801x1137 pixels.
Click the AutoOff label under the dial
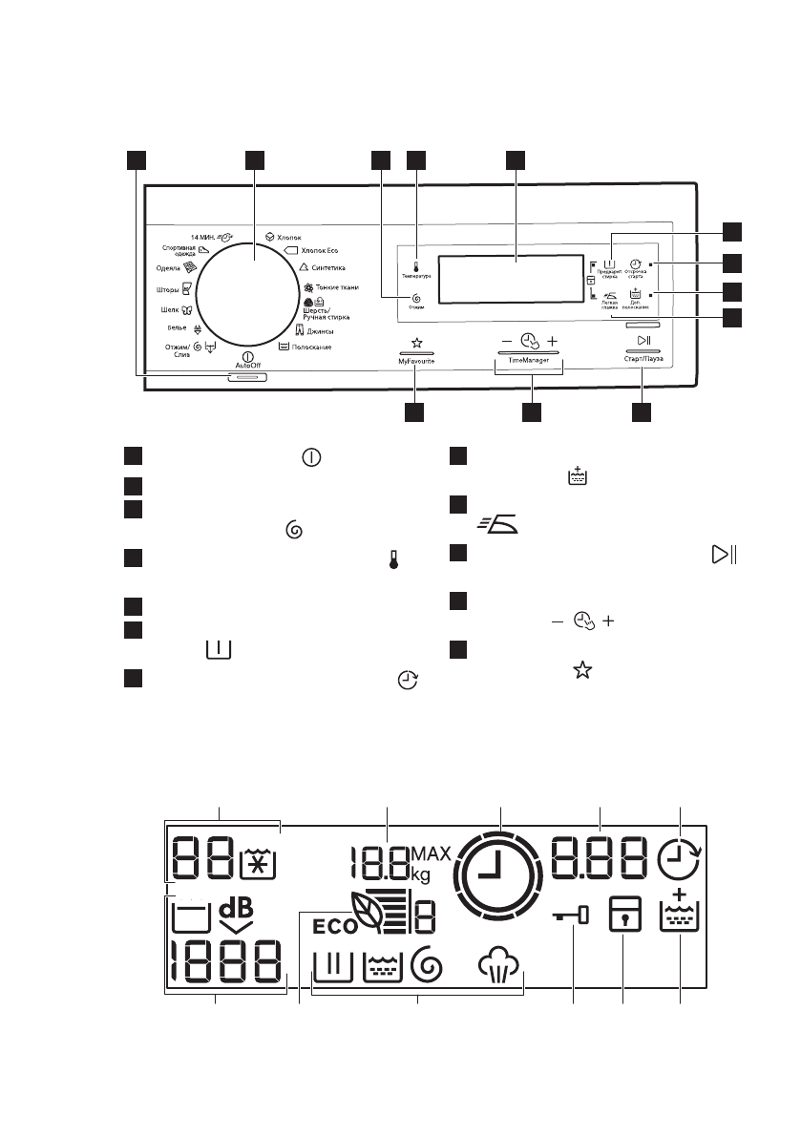click(x=247, y=365)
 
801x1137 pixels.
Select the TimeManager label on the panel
click(x=530, y=364)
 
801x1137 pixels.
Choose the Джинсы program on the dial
click(x=319, y=330)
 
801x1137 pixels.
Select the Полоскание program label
click(x=311, y=347)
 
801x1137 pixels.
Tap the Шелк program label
click(x=168, y=309)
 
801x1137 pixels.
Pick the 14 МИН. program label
click(x=205, y=235)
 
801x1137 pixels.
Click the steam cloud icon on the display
click(x=501, y=966)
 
